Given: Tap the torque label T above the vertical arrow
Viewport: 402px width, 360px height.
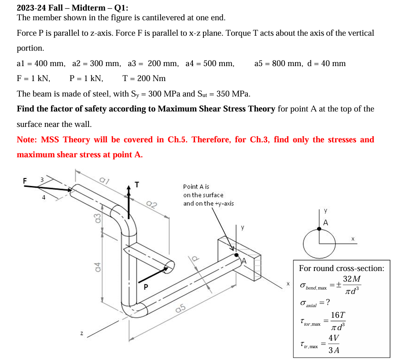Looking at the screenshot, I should pyautogui.click(x=137, y=185).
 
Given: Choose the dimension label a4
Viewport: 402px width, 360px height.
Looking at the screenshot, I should pyautogui.click(x=98, y=267).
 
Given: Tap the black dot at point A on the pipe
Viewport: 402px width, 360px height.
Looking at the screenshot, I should pyautogui.click(x=237, y=255).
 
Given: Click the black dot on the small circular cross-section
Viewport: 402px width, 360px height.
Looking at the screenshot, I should pyautogui.click(x=320, y=229).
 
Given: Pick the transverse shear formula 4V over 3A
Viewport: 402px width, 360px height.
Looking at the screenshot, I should pyautogui.click(x=334, y=344).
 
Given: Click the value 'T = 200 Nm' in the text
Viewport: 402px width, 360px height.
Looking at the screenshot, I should pyautogui.click(x=144, y=78).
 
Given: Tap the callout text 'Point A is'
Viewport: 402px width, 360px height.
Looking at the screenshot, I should pyautogui.click(x=196, y=186).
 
